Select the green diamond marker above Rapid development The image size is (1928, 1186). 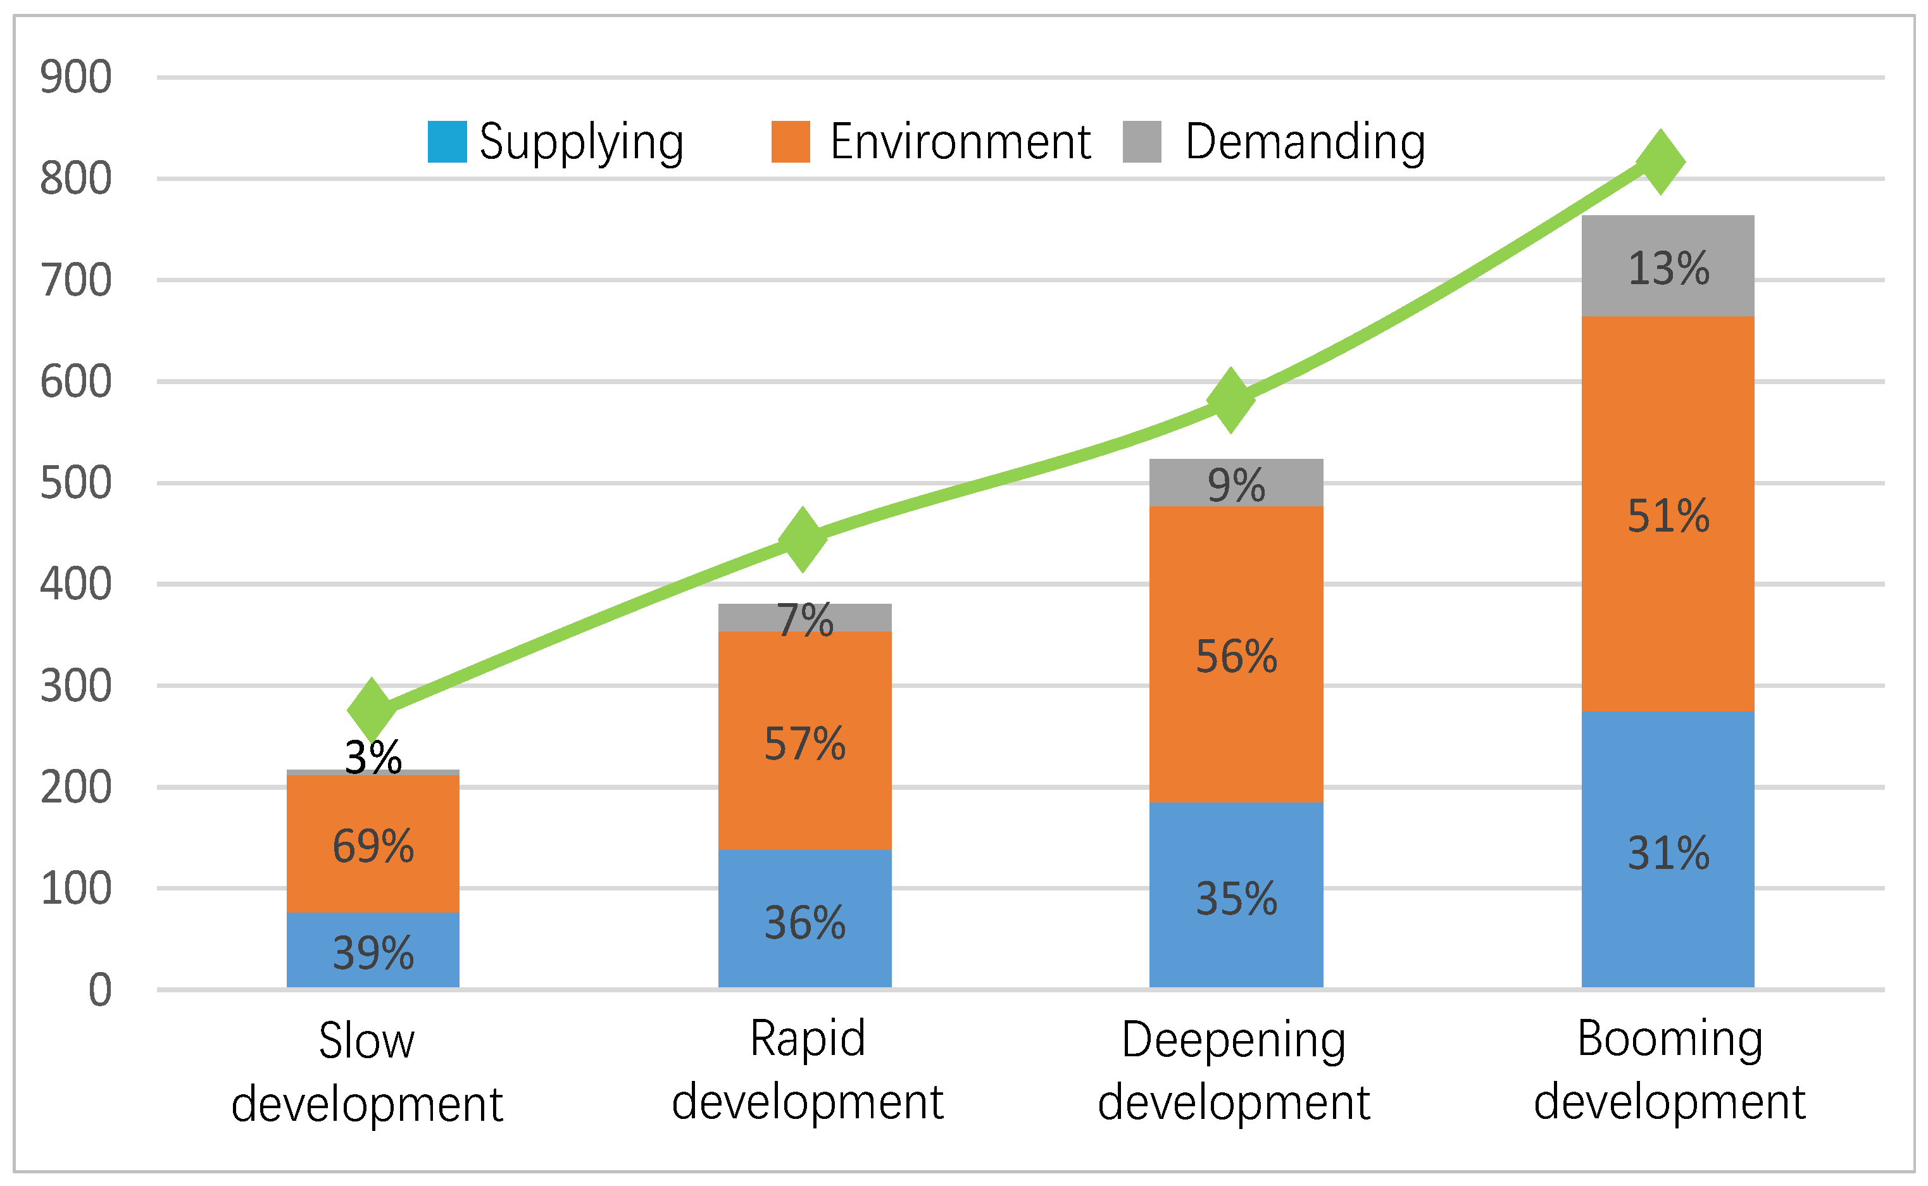803,540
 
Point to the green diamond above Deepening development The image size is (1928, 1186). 1230,400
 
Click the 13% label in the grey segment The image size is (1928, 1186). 1668,268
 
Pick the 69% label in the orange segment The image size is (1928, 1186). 373,846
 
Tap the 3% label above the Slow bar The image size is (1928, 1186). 373,758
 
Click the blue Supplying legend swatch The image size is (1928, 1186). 447,142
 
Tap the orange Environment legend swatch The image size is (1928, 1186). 790,142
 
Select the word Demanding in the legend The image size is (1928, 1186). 1305,142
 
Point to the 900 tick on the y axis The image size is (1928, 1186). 76,78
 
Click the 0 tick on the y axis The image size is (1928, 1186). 99,990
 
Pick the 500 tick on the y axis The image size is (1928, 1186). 76,483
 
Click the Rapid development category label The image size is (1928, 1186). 807,1070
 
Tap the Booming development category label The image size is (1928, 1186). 1669,1070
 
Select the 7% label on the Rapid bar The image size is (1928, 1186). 804,620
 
